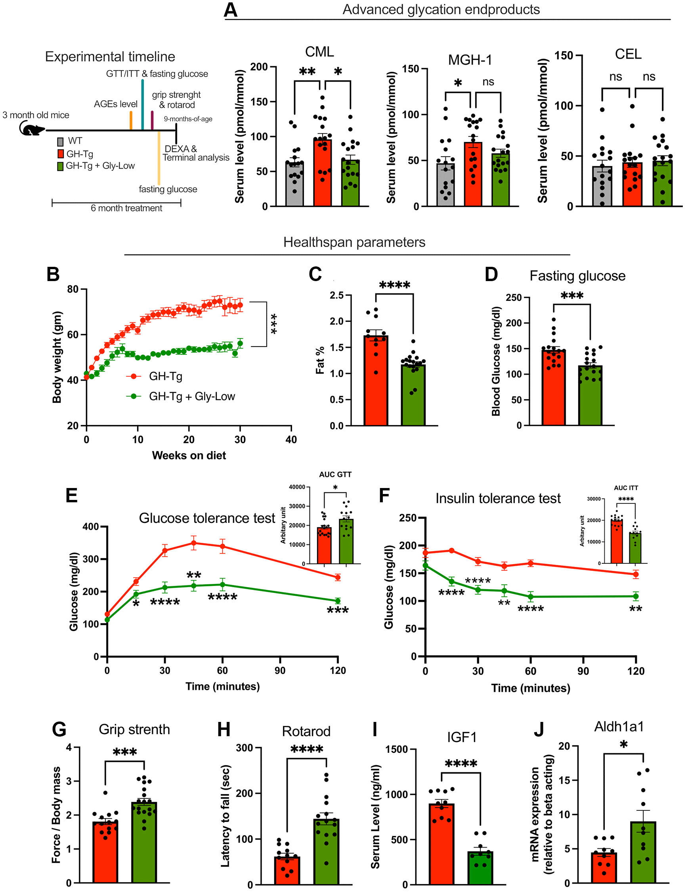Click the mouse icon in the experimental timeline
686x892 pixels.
click(31, 129)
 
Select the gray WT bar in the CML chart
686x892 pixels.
click(294, 184)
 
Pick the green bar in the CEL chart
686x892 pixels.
click(662, 184)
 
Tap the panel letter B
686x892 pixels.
click(53, 274)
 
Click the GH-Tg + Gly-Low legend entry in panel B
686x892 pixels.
click(191, 396)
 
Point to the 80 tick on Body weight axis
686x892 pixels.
click(73, 289)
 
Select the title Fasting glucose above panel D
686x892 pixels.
click(577, 276)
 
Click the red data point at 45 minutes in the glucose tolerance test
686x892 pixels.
click(193, 543)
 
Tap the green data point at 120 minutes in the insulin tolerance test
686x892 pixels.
click(636, 596)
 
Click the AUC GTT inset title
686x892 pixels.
click(335, 475)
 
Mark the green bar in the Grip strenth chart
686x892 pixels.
click(144, 842)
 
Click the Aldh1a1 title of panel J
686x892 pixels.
click(619, 727)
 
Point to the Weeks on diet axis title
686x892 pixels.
click(189, 456)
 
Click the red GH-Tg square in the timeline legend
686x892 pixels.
click(60, 154)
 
